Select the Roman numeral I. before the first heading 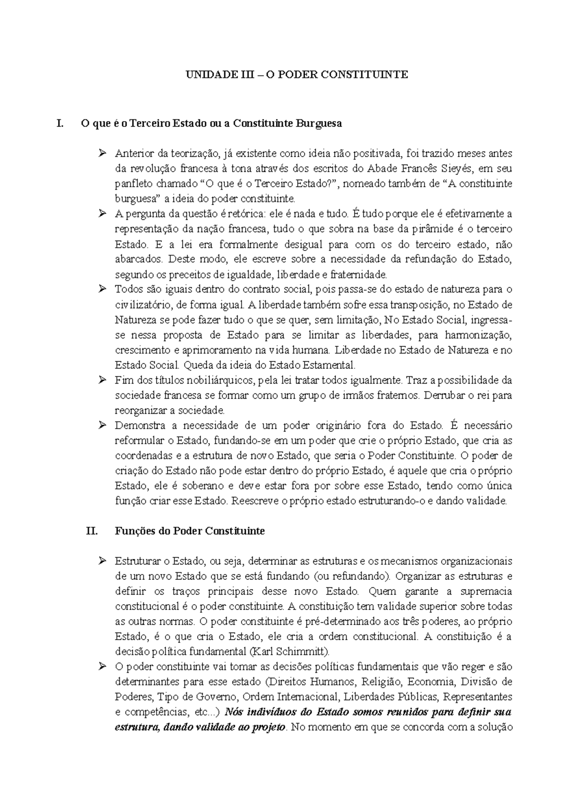(59, 124)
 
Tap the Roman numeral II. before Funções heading (92, 531)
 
